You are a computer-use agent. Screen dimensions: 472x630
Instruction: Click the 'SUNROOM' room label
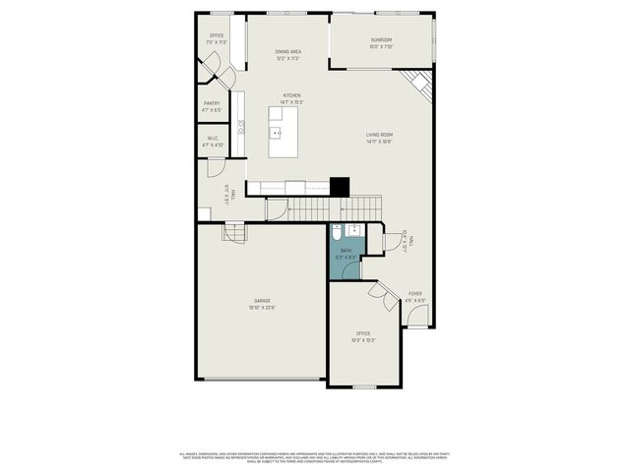pos(382,40)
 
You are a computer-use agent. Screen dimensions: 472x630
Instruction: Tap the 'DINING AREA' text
pos(287,53)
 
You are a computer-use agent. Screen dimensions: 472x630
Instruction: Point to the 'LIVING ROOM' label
pos(380,136)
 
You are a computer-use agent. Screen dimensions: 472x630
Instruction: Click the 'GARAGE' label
pos(262,301)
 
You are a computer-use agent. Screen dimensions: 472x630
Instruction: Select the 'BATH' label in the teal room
pos(346,251)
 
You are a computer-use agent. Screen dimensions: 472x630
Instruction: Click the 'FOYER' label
pos(415,293)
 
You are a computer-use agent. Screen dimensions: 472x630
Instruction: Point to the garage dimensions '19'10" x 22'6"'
pos(262,308)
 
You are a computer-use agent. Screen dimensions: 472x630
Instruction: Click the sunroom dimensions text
pos(382,46)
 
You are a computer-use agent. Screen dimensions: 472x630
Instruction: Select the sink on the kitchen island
pos(276,133)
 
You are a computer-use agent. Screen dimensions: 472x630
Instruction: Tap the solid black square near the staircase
pos(340,186)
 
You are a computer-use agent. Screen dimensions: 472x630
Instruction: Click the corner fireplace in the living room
pos(422,85)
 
